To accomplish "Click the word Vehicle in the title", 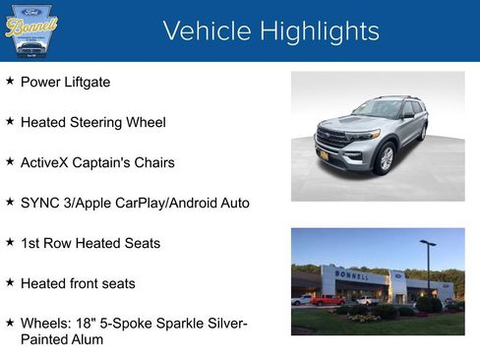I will click(202, 31).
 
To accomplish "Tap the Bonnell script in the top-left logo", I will click(31, 27).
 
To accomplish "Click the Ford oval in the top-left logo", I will click(32, 10).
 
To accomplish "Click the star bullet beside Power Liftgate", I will click(10, 82).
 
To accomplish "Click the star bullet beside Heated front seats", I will click(10, 283).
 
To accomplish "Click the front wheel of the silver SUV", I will click(386, 158).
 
